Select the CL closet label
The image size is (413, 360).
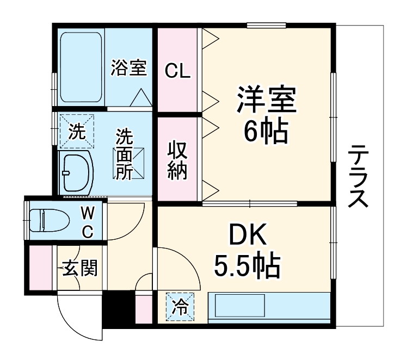(178, 71)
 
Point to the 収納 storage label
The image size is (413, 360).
(177, 160)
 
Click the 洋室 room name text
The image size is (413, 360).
(266, 99)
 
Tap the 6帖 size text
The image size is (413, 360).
(266, 131)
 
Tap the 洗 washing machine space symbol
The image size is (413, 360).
(77, 132)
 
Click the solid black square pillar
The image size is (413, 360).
(118, 310)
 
